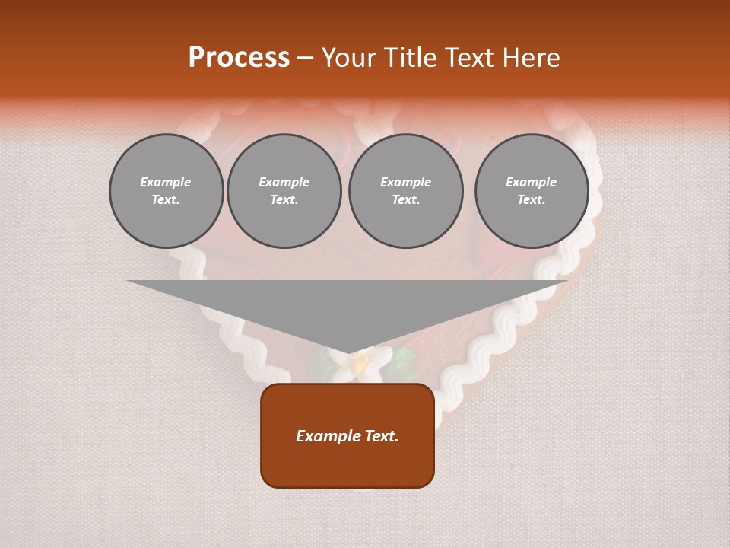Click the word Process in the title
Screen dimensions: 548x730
tap(239, 58)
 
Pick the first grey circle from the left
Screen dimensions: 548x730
tap(166, 191)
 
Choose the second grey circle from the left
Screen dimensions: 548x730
tap(284, 191)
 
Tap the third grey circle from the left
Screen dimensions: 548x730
tap(405, 191)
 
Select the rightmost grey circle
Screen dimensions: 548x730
tap(532, 191)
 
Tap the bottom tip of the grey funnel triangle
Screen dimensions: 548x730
tap(348, 353)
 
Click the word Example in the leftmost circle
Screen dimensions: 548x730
tap(166, 182)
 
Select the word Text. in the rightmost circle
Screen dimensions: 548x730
tap(532, 199)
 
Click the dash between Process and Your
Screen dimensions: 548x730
tap(306, 58)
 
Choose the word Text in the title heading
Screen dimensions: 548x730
tap(468, 58)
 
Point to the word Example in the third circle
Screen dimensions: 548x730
tap(405, 182)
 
